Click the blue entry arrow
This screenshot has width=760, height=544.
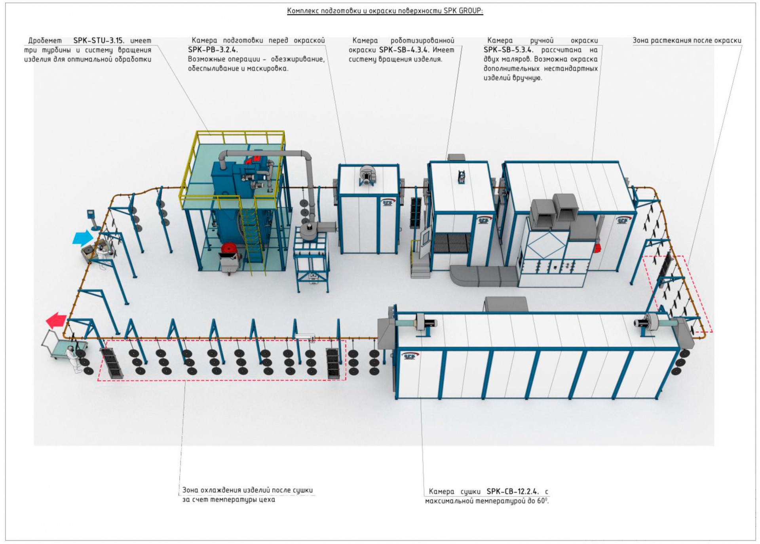(83, 238)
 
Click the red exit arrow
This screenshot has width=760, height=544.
(56, 320)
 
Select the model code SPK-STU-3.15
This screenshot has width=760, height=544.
(99, 40)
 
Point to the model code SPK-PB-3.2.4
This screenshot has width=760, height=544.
(213, 50)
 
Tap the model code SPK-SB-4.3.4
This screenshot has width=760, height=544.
(404, 50)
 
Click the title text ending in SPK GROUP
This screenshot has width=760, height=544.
(385, 11)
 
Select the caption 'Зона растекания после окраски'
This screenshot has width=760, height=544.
(687, 40)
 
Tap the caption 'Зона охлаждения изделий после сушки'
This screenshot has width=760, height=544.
(247, 490)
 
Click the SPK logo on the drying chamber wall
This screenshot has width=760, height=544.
(409, 357)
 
